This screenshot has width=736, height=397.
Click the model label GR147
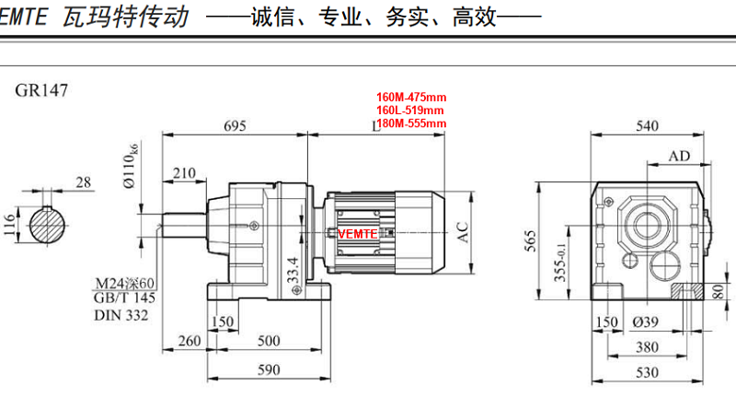tap(41, 90)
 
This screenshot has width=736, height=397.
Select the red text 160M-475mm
tap(410, 97)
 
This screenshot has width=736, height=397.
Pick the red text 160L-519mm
tap(410, 110)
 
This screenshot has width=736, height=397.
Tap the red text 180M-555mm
tap(410, 123)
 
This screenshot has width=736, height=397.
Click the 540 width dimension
tap(649, 126)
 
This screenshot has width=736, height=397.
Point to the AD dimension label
tap(679, 157)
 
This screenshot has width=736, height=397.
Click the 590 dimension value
tap(267, 371)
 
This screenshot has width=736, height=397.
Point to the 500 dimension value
tap(268, 342)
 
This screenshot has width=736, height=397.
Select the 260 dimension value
tap(189, 342)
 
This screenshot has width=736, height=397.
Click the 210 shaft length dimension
tap(184, 173)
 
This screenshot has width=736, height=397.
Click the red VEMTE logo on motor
tap(358, 234)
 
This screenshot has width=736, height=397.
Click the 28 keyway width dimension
tap(84, 182)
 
